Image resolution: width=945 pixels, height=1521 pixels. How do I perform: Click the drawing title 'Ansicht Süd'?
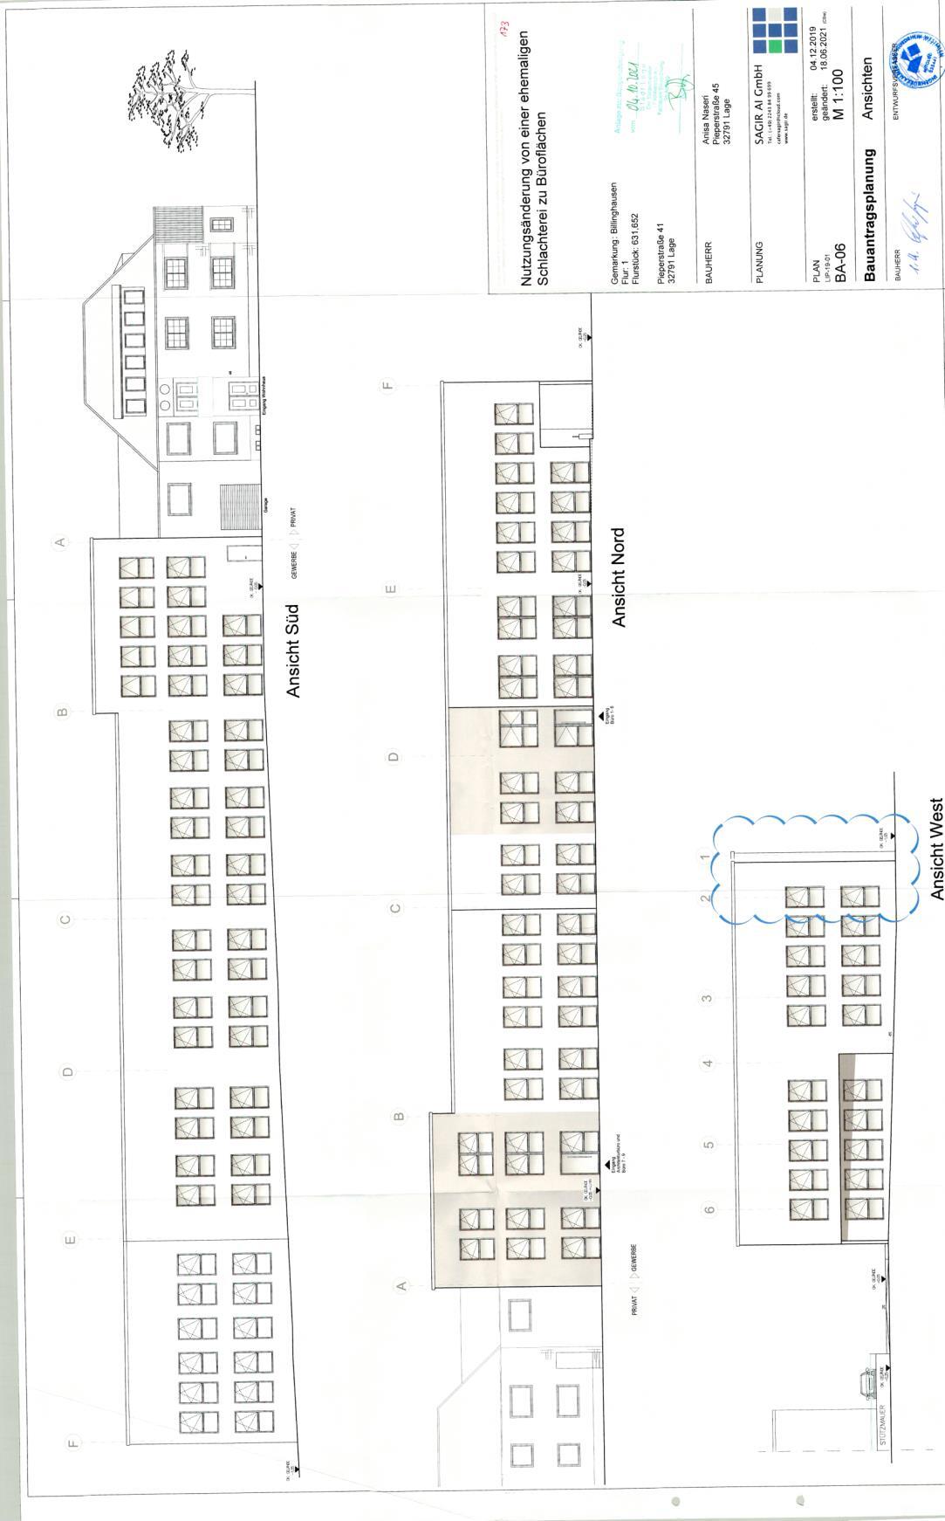click(293, 651)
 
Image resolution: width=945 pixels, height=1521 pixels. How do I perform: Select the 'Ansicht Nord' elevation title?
click(620, 577)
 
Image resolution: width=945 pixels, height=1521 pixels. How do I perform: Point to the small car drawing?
click(866, 1382)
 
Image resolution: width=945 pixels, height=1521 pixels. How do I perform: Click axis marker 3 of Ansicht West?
click(708, 997)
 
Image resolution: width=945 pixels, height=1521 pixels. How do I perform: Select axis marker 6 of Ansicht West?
click(709, 1208)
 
